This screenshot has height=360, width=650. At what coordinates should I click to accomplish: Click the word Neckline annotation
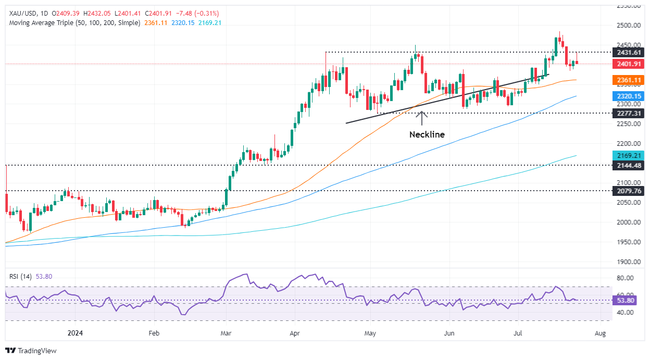(x=427, y=134)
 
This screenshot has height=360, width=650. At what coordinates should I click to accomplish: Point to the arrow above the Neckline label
(x=421, y=118)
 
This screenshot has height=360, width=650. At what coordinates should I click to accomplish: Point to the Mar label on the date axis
(x=226, y=332)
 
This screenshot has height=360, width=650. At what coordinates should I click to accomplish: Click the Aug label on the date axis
(x=600, y=332)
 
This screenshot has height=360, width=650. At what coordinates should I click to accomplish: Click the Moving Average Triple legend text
(x=73, y=23)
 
